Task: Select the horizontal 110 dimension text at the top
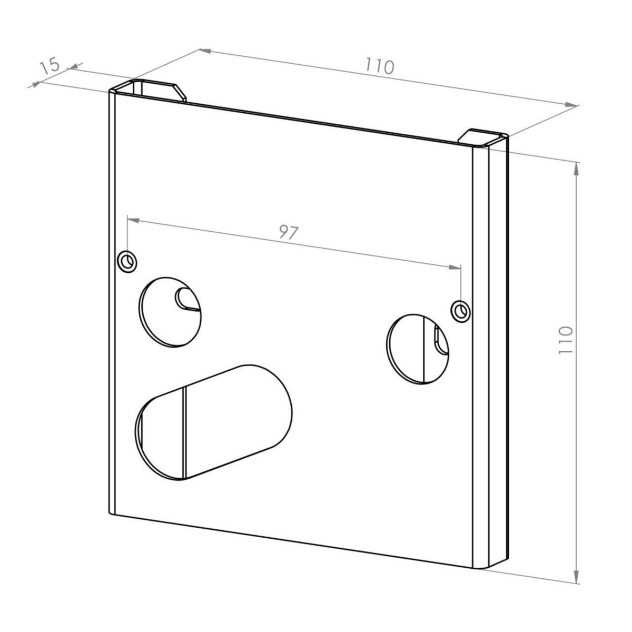click(379, 66)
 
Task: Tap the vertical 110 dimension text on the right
click(565, 340)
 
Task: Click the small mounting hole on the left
click(127, 261)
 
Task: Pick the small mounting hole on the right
click(461, 311)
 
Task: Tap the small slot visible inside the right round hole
click(438, 340)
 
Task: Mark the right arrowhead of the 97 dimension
click(455, 268)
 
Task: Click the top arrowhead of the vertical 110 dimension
click(577, 169)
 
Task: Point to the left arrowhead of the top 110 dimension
click(205, 51)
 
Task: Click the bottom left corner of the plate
click(111, 512)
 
